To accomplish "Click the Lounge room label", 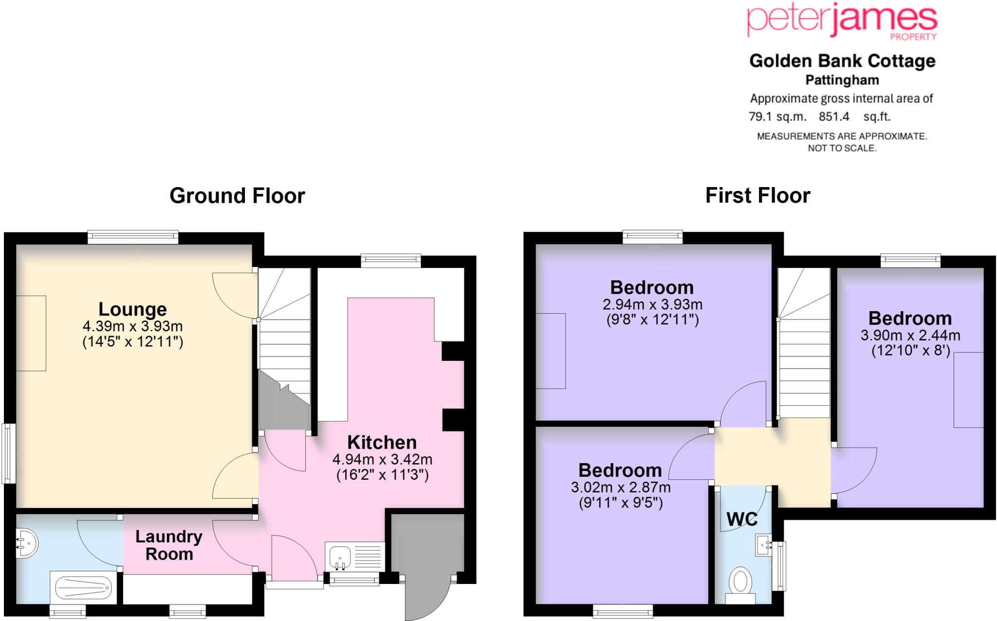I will tap(132, 309).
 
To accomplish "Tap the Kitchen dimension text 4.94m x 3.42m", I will tap(382, 459).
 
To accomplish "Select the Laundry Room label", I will tap(169, 545).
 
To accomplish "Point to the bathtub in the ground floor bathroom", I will tap(83, 588).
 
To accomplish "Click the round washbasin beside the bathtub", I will tap(27, 543).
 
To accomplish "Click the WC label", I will tap(742, 519).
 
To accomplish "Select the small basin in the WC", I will tap(763, 545).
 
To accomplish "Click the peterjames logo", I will tap(842, 20).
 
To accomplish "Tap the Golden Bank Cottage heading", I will tap(842, 61).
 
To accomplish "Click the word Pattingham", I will tap(842, 80).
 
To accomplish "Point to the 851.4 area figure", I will tap(833, 117).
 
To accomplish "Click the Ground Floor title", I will tap(237, 196).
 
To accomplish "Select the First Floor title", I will tap(757, 196).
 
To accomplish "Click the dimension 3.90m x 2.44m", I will tap(910, 335).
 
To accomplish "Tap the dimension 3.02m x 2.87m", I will tap(620, 487).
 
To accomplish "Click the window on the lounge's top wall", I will tap(133, 237).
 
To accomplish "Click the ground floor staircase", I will tap(284, 341).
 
